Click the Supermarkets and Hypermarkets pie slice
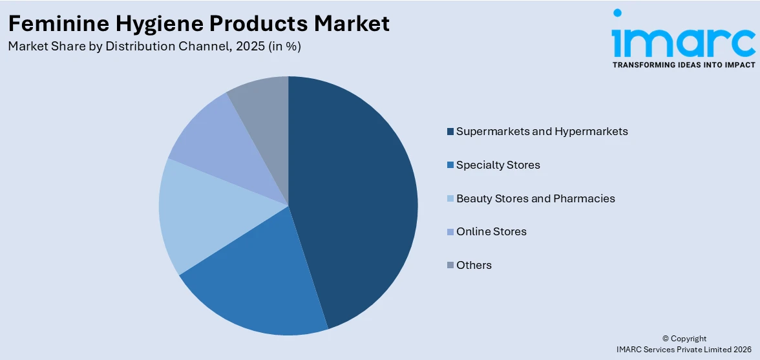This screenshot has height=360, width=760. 355,194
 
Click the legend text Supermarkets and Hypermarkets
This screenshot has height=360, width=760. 542,131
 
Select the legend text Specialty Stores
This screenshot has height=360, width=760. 498,165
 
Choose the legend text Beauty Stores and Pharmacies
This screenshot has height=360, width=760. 535,198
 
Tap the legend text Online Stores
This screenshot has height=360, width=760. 491,231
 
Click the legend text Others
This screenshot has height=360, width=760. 474,265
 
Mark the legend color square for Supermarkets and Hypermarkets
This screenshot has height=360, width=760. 450,132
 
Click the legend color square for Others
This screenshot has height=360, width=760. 450,266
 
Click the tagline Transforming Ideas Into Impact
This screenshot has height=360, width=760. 683,65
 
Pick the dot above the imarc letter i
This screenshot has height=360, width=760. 618,12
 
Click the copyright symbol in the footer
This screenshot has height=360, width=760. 666,339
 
